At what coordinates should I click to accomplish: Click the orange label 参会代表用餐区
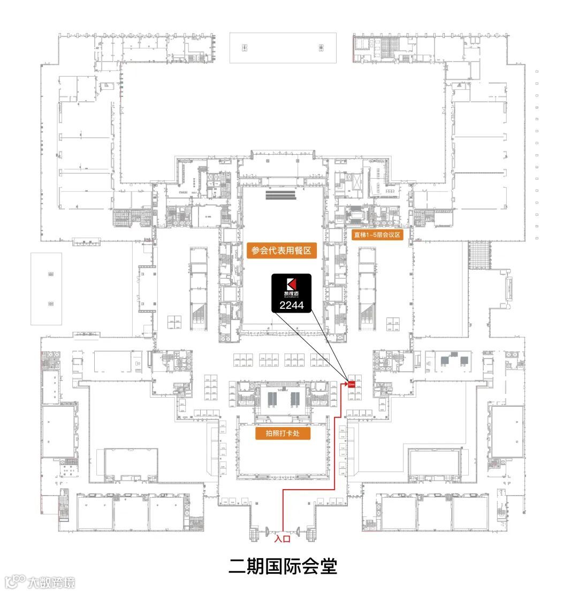pyautogui.click(x=282, y=250)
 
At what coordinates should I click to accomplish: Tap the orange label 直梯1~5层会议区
pyautogui.click(x=377, y=234)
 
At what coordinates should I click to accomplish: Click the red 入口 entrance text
pyautogui.click(x=282, y=539)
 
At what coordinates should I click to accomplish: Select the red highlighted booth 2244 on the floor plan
pyautogui.click(x=352, y=384)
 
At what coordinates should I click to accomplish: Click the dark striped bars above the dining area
pyautogui.click(x=280, y=195)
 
